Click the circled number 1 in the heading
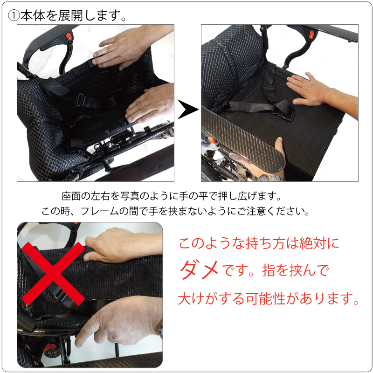coord(13,15)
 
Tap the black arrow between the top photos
coord(187,111)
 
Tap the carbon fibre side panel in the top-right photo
coord(242,140)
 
